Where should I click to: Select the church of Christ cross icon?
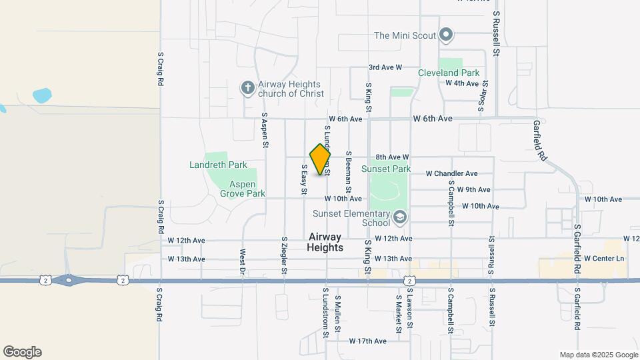click(x=247, y=87)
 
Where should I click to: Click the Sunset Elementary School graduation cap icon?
click(x=399, y=217)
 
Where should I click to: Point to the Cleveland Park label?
click(x=449, y=73)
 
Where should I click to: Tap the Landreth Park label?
click(x=218, y=165)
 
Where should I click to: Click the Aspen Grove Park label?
click(x=243, y=189)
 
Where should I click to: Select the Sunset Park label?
click(x=386, y=169)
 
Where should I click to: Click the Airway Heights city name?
click(x=325, y=242)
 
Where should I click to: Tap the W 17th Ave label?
click(x=367, y=341)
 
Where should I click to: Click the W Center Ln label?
click(x=604, y=258)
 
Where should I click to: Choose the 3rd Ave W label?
click(x=385, y=67)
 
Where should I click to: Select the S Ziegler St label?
click(x=284, y=255)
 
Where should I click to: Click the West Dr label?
click(x=242, y=261)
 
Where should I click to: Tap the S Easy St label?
click(x=303, y=179)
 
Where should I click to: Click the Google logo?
click(x=22, y=352)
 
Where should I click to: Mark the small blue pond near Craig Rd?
click(x=41, y=95)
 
